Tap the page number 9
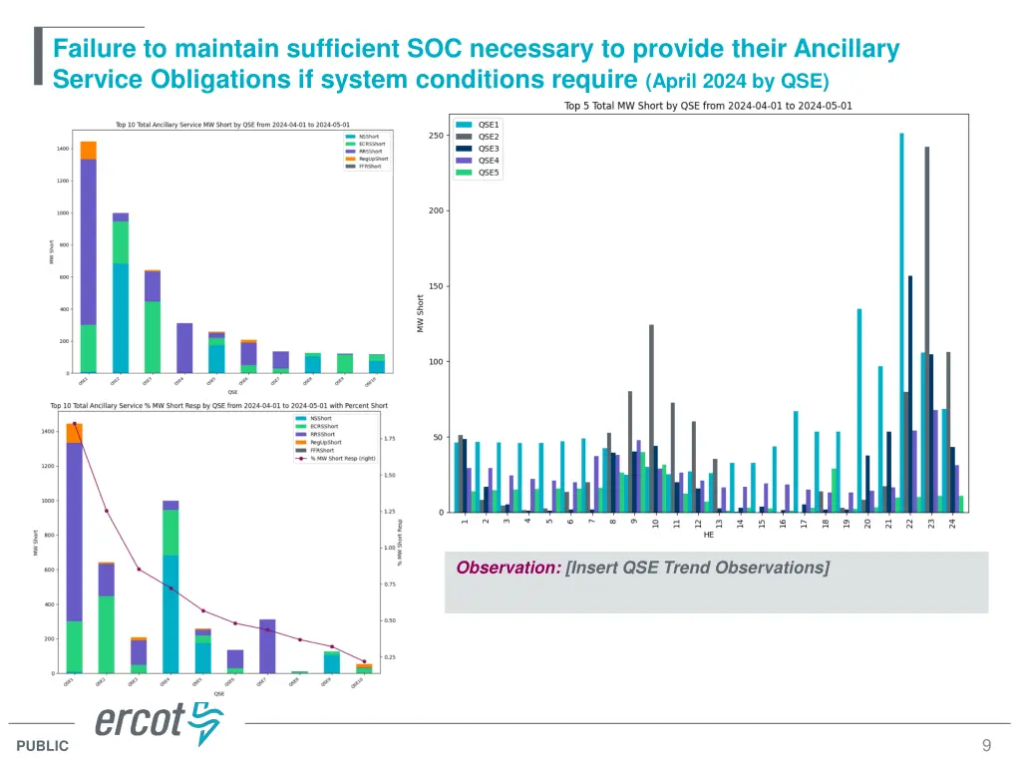click(x=986, y=745)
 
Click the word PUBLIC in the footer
click(x=43, y=746)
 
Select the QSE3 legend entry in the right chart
click(x=489, y=149)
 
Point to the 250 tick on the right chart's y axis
click(x=436, y=136)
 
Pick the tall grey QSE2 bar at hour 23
click(x=927, y=329)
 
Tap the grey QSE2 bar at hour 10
click(x=651, y=418)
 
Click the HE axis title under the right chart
click(x=709, y=535)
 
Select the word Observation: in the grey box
click(x=509, y=568)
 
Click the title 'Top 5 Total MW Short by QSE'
click(x=708, y=106)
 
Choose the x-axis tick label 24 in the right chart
click(x=953, y=522)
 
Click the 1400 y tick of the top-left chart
click(x=63, y=149)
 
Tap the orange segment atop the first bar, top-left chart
click(x=89, y=150)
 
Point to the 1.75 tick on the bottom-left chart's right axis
click(x=391, y=438)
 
